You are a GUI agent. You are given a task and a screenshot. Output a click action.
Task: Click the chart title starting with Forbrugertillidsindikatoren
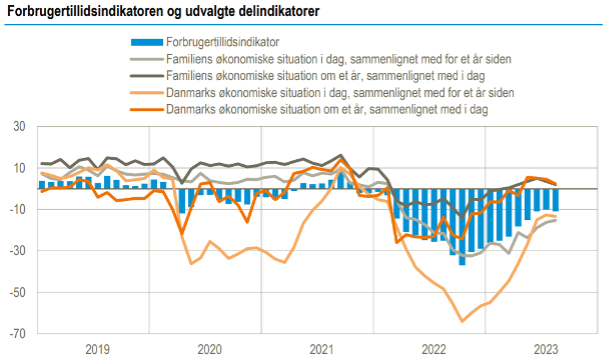point(163,11)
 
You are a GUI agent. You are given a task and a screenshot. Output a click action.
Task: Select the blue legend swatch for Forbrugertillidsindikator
point(147,42)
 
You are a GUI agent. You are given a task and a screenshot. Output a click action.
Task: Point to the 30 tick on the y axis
point(19,126)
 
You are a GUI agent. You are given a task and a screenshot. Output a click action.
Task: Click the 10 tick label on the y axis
point(19,168)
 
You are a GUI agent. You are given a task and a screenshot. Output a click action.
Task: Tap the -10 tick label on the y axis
point(17,209)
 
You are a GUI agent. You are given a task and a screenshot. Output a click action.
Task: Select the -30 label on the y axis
point(17,251)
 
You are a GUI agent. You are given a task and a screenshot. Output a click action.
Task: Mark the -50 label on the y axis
point(17,292)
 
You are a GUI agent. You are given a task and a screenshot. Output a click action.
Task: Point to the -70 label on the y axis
point(17,333)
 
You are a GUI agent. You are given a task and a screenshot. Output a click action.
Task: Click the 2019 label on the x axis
point(97,349)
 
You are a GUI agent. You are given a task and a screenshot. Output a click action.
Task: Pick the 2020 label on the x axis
point(210,349)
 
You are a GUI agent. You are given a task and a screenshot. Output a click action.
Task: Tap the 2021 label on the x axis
point(322,349)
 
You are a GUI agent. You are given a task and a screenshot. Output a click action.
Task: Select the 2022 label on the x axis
point(434,349)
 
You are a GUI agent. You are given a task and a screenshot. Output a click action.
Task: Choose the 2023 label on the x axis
point(546,349)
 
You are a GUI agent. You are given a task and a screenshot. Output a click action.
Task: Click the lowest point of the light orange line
point(462,321)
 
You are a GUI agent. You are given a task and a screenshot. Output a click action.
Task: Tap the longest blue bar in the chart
point(462,227)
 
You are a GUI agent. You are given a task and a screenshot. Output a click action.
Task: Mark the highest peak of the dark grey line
point(341,156)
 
